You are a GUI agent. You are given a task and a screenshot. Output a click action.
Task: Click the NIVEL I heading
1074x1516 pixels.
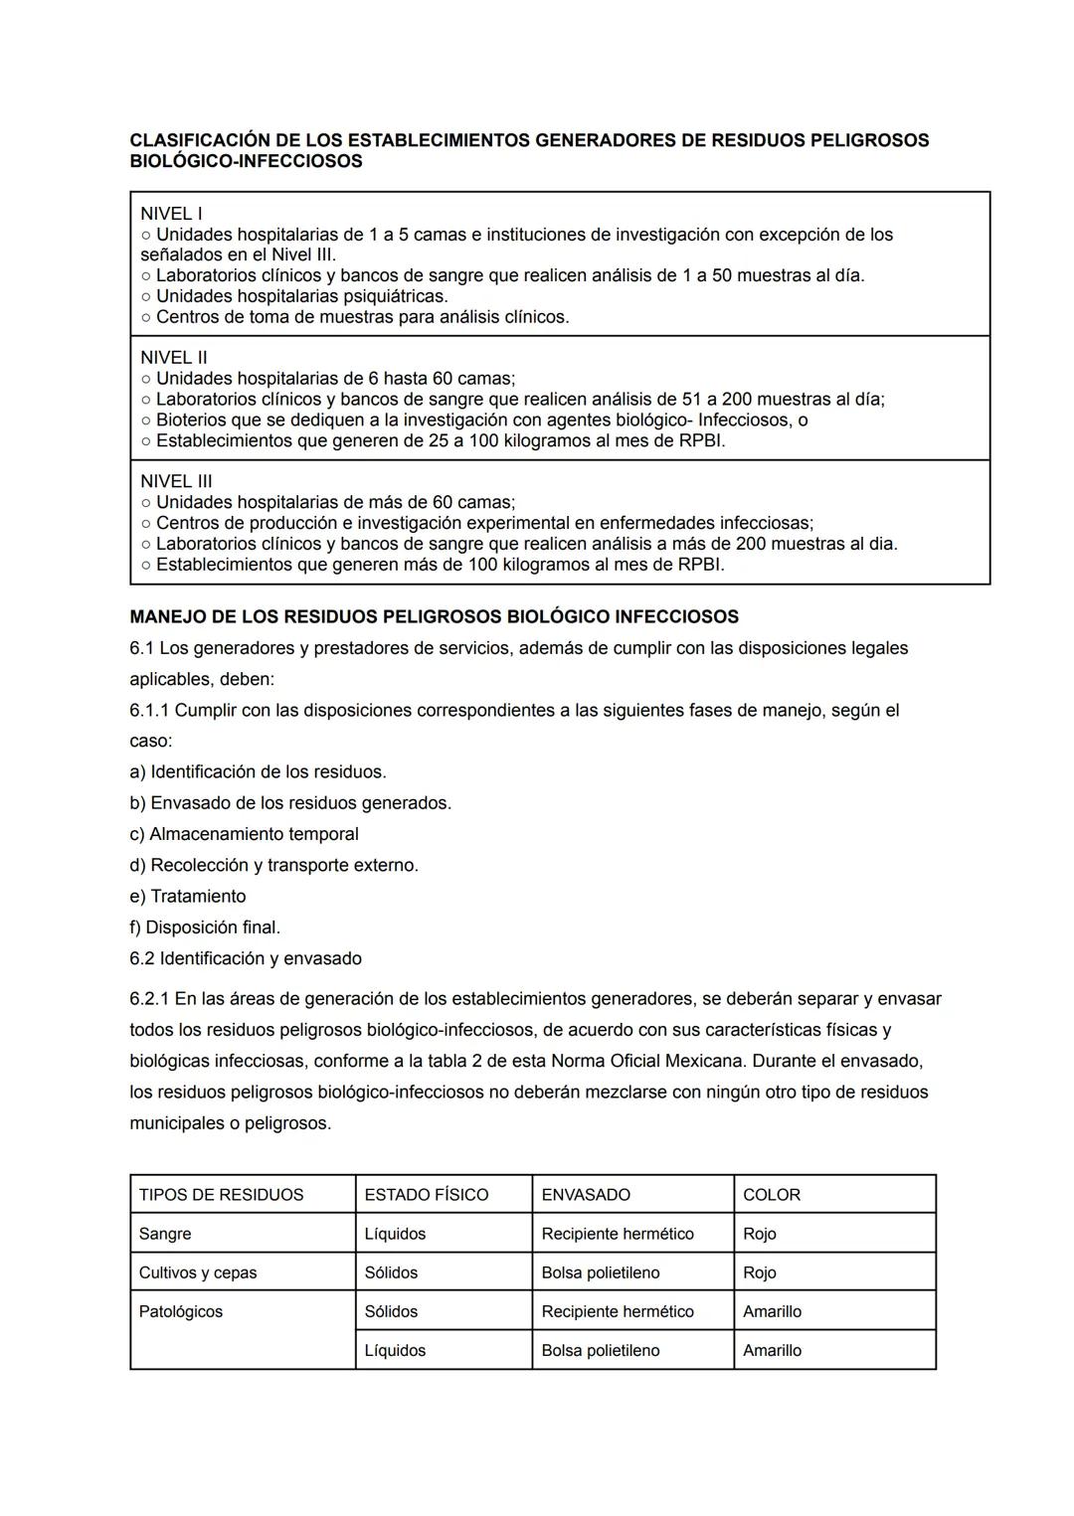(x=171, y=214)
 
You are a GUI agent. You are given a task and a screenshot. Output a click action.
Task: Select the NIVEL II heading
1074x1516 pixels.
(x=174, y=358)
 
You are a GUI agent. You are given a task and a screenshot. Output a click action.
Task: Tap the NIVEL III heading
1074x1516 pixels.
(x=176, y=482)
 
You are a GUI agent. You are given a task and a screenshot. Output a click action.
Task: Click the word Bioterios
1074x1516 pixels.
(x=191, y=421)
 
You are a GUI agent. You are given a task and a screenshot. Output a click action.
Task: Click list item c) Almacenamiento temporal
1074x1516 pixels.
(x=244, y=834)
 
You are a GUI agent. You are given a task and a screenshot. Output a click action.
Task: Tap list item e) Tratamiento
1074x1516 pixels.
(x=187, y=897)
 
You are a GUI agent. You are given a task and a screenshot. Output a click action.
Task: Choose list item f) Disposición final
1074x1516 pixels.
(x=205, y=927)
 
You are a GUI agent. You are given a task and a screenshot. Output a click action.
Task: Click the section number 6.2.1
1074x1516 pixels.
(x=149, y=999)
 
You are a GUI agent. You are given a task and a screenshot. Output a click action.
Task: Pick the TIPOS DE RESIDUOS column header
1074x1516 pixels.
(x=221, y=1195)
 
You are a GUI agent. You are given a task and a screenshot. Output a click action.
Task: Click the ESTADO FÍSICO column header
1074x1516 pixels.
(x=427, y=1195)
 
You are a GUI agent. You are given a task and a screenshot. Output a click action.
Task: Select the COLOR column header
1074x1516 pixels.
(x=772, y=1195)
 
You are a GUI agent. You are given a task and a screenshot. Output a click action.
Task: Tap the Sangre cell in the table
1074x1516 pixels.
(x=165, y=1234)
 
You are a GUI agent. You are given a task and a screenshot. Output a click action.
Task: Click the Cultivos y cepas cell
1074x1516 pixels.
(x=198, y=1272)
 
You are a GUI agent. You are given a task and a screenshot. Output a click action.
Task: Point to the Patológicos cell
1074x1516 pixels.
(x=181, y=1312)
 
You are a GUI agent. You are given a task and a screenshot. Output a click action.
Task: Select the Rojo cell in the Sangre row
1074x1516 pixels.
(x=760, y=1234)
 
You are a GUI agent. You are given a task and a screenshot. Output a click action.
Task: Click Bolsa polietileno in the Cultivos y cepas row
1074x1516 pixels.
(x=601, y=1272)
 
